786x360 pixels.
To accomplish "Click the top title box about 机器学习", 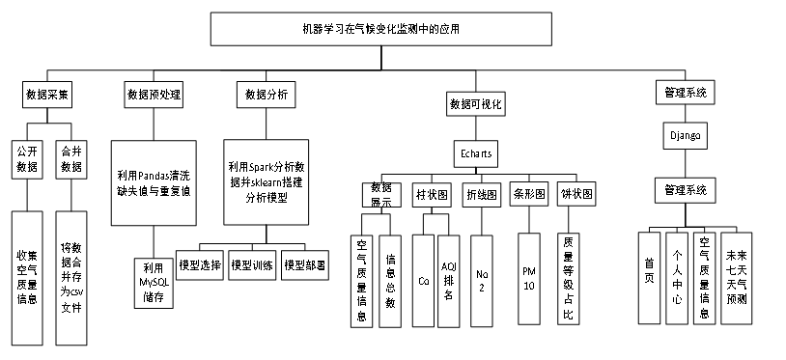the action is click(x=381, y=29).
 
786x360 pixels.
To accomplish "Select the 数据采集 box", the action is click(x=47, y=94).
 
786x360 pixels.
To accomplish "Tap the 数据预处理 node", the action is click(x=154, y=94).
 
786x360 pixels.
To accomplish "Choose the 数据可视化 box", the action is click(x=476, y=103).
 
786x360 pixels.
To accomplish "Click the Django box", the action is click(x=686, y=135).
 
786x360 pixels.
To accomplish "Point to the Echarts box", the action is click(x=476, y=153).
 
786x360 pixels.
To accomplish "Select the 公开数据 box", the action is click(x=27, y=158).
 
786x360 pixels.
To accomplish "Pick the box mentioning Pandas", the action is click(x=154, y=182).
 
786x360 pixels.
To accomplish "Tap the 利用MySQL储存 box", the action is click(x=154, y=283).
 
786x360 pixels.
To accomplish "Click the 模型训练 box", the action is click(x=252, y=264).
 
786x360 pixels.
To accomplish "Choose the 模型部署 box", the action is click(x=305, y=264).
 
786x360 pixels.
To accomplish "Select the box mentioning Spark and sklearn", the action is click(x=267, y=182).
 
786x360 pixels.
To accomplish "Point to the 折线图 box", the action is click(x=481, y=195).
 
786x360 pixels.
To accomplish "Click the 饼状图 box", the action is click(x=576, y=194).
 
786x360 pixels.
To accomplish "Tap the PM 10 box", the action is click(x=529, y=278).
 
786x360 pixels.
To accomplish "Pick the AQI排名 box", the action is click(x=448, y=281).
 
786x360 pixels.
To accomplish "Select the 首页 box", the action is click(x=649, y=278).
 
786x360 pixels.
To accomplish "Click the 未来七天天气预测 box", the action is click(x=737, y=278).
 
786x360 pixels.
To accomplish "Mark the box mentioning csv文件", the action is click(x=71, y=278).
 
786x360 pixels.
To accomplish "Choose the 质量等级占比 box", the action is click(x=568, y=279).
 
